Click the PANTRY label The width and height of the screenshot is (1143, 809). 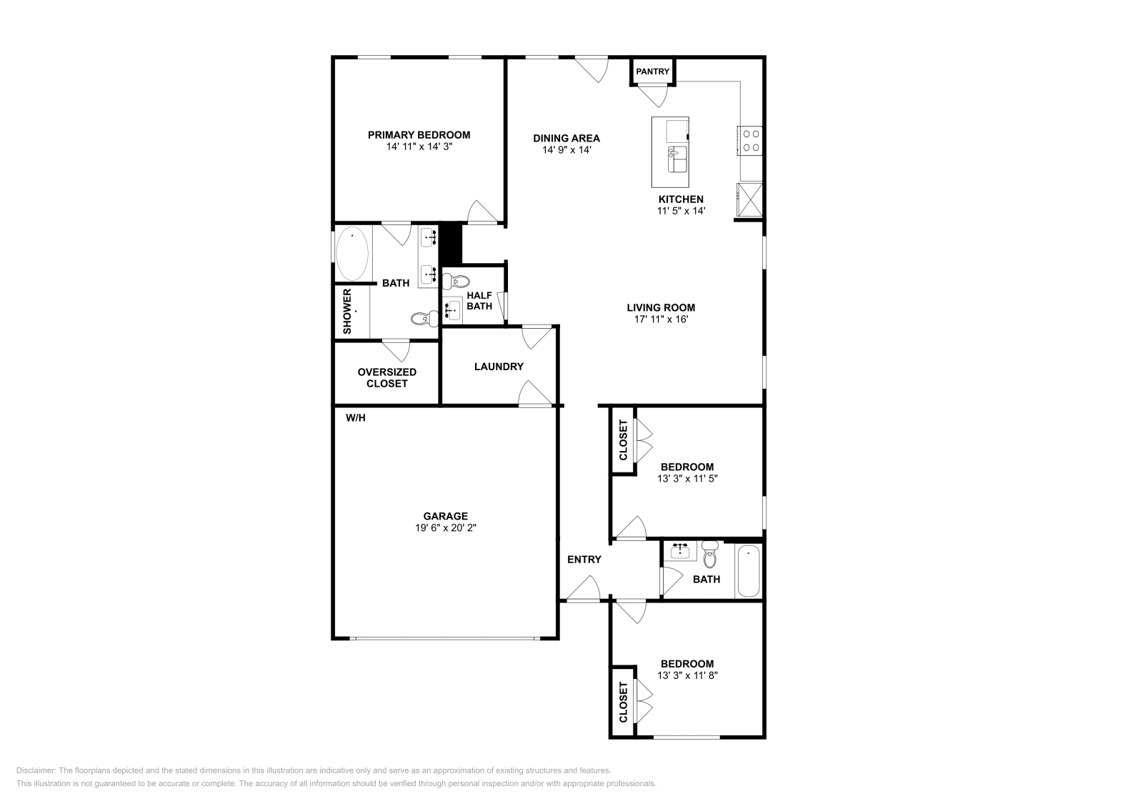tap(652, 71)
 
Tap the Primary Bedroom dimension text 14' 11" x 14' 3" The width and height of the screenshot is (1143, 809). tap(419, 147)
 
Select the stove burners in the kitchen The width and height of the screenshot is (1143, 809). tap(750, 140)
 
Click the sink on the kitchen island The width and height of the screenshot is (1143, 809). tap(677, 159)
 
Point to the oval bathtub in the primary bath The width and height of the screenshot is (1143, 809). tap(352, 254)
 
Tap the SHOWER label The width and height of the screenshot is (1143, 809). tap(347, 311)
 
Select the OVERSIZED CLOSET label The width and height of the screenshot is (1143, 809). tap(386, 377)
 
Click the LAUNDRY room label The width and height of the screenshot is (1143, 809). tap(499, 367)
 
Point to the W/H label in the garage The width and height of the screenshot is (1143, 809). tap(355, 418)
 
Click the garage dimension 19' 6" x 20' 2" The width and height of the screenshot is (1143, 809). tap(445, 527)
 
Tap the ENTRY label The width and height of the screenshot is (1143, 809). tap(584, 560)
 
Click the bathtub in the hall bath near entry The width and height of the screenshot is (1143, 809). tap(748, 571)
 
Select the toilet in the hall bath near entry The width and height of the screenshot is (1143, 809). tap(709, 555)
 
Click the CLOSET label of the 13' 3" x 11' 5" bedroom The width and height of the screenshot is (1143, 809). tap(623, 440)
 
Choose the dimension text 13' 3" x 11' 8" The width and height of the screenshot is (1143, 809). tap(687, 675)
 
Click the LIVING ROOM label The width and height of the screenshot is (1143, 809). tap(660, 308)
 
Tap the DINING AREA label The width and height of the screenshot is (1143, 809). tap(566, 139)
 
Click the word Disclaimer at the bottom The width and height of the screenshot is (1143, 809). tap(34, 770)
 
